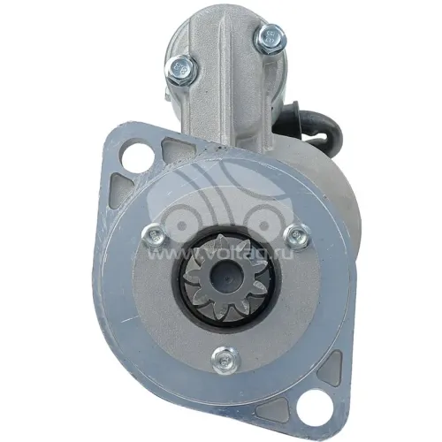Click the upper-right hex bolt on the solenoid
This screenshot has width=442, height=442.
[270, 37]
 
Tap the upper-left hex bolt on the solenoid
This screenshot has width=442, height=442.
[181, 68]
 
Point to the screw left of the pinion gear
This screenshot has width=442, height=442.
[154, 235]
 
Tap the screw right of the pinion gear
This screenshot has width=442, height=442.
[297, 235]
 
